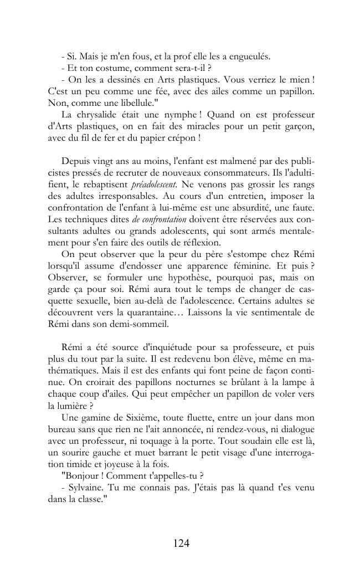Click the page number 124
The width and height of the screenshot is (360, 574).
pyautogui.click(x=181, y=544)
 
